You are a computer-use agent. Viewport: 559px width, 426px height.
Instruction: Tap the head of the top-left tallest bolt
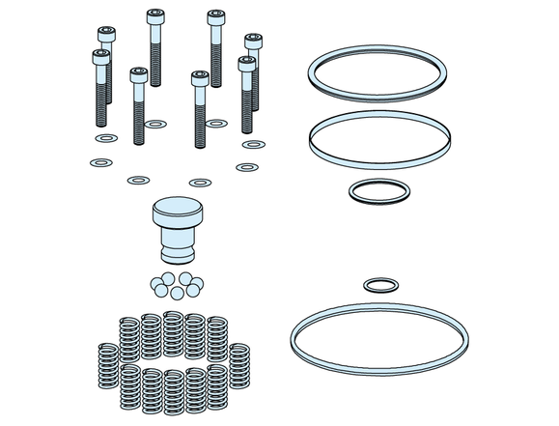154,16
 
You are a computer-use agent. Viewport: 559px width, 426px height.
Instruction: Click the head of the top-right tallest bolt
215,16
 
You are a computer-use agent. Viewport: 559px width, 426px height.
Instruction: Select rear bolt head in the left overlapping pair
107,35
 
